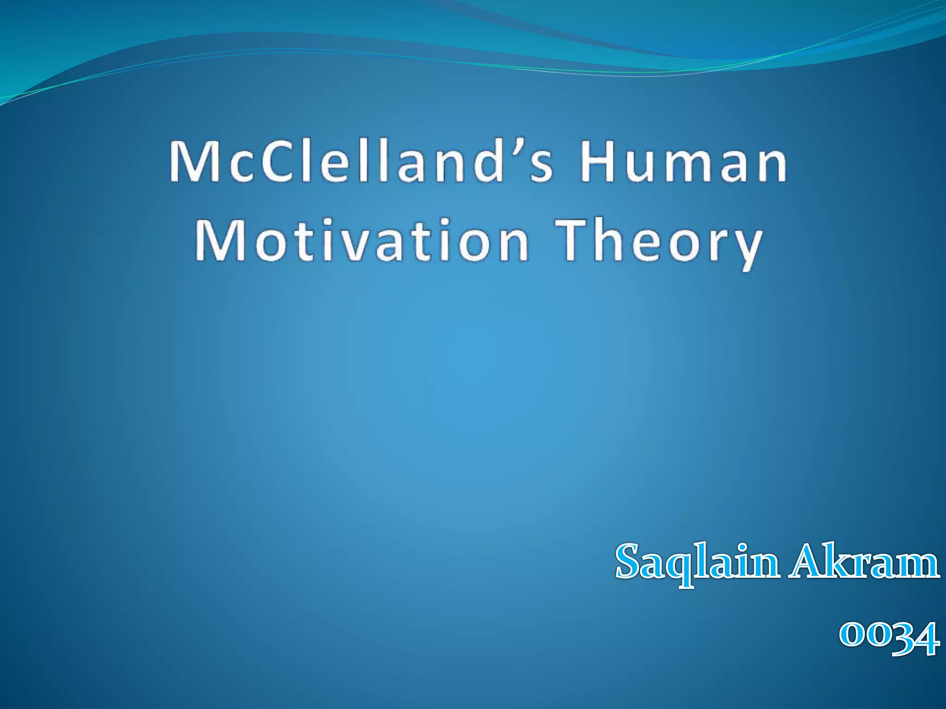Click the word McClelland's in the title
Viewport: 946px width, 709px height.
[360, 162]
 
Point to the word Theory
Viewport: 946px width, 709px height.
[658, 242]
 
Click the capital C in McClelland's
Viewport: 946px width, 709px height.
[277, 162]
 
